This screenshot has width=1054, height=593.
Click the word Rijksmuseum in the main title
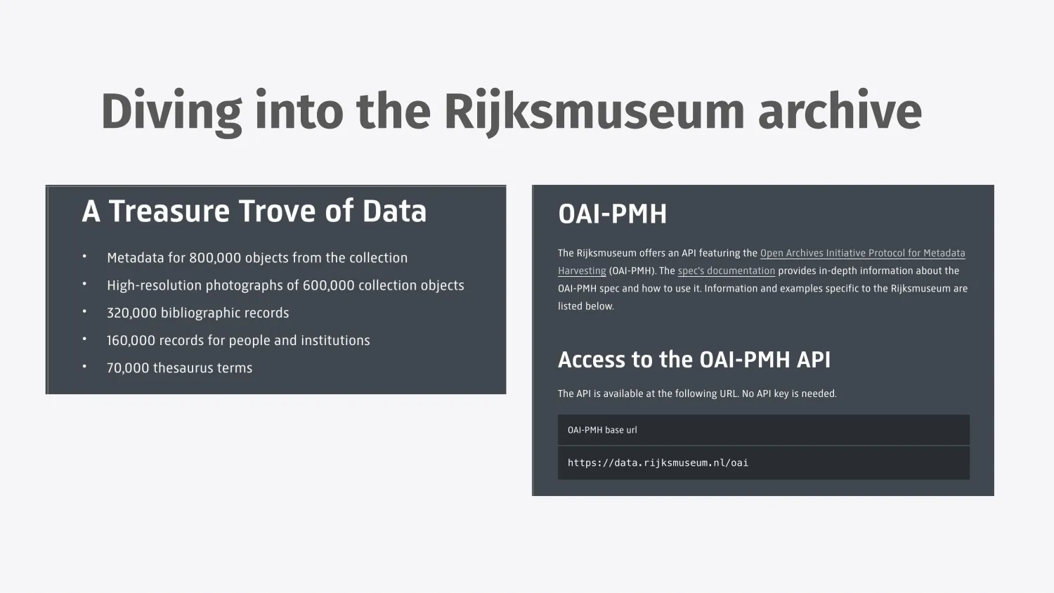pos(594,112)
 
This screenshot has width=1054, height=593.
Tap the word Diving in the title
pos(171,112)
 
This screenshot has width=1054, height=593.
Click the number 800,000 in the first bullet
pos(215,258)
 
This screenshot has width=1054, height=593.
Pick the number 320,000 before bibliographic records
pos(132,313)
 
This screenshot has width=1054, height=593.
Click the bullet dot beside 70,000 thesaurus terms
pos(85,366)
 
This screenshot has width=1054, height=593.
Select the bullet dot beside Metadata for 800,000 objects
pos(85,256)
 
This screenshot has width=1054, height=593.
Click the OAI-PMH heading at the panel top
pos(612,214)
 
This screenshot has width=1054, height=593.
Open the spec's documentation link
pos(726,271)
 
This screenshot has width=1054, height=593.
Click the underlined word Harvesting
pos(582,271)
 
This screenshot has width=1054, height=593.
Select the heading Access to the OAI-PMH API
pos(694,360)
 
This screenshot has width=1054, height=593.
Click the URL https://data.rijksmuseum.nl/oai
pos(658,462)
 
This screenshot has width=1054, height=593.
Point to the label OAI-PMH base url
pos(602,430)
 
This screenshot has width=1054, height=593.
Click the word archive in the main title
pos(840,111)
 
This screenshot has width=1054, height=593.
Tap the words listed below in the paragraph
pos(586,306)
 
